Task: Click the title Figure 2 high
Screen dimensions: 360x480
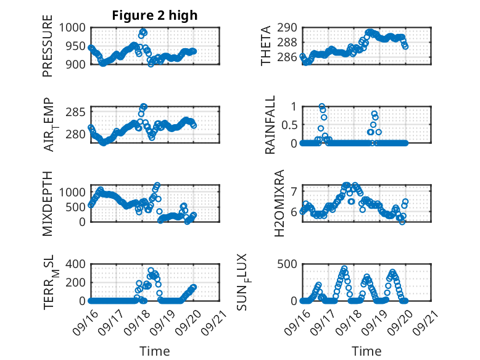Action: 154,15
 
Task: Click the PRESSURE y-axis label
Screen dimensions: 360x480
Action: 48,51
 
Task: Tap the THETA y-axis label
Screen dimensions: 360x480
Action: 266,46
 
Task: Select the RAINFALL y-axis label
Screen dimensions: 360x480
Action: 270,125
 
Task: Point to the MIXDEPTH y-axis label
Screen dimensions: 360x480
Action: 48,204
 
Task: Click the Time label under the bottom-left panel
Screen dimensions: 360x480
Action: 154,351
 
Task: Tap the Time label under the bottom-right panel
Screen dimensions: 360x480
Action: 366,351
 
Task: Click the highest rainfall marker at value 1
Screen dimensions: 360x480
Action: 321,106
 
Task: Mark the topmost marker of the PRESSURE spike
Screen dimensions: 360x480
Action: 143,31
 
